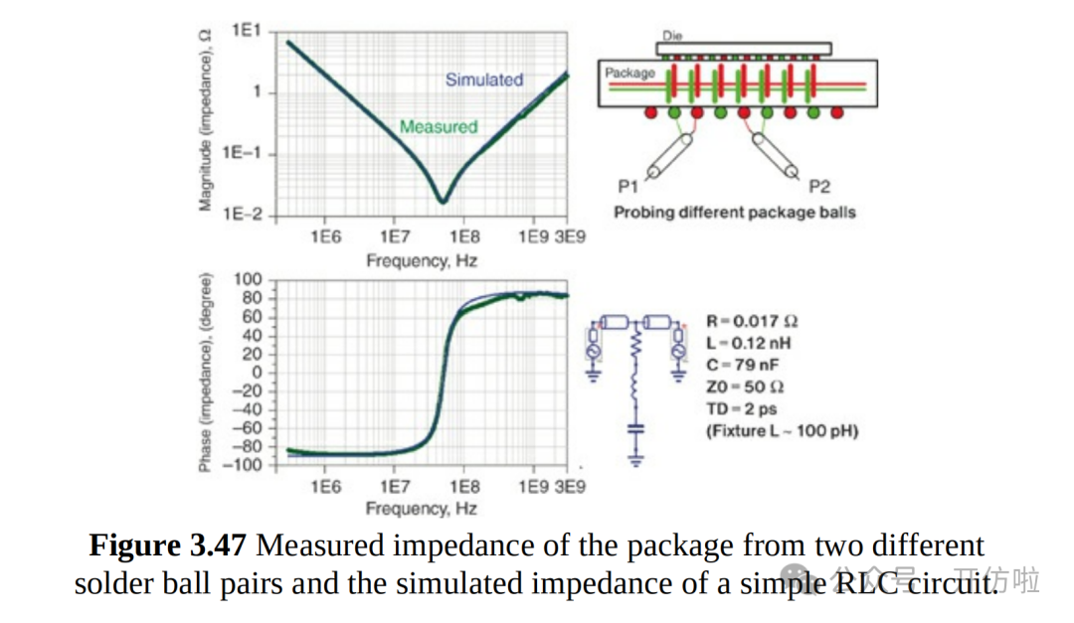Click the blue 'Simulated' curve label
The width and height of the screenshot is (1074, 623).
(x=483, y=79)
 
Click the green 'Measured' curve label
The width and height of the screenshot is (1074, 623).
(x=439, y=126)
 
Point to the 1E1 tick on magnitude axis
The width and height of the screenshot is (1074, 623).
(x=246, y=31)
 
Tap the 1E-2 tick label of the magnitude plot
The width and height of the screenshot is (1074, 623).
(x=242, y=214)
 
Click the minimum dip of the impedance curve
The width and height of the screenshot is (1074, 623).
(x=443, y=200)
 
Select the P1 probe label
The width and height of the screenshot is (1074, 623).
(x=627, y=186)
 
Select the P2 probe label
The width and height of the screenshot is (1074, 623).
(x=819, y=186)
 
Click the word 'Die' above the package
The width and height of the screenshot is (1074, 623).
(x=673, y=35)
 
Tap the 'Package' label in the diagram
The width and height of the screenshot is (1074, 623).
(x=630, y=73)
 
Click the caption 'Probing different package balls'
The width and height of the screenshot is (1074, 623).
(x=734, y=212)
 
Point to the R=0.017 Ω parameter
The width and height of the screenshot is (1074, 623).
(x=752, y=321)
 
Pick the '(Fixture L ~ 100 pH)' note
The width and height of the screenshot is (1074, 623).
(x=782, y=430)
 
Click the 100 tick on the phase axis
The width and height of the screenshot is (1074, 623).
(x=248, y=279)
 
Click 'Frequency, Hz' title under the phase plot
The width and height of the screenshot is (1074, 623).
(x=421, y=509)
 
